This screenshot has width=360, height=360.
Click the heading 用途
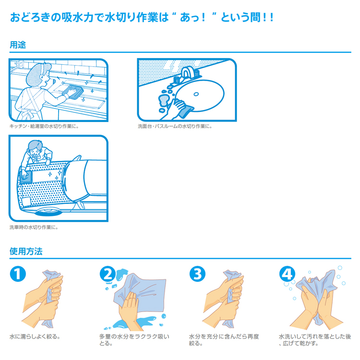pos(18,45)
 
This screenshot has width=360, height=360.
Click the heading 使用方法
pos(26,251)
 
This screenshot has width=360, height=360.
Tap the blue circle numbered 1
pos(18,275)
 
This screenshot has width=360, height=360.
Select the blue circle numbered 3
pos(197,275)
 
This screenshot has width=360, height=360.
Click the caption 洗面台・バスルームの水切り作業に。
pos(175,126)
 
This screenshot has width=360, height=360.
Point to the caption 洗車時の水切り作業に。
pos(34,227)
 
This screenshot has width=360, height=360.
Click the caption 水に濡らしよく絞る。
pos(35,336)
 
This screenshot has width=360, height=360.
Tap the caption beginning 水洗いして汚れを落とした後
pos(314,339)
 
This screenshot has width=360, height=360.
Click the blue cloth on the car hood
pos(26,177)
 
